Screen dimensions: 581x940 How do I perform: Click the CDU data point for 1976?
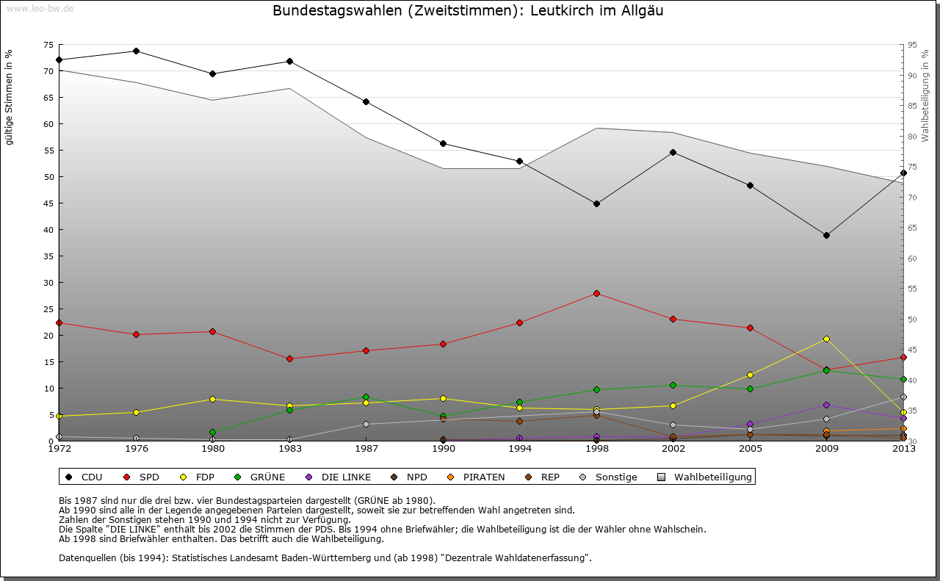click(x=136, y=51)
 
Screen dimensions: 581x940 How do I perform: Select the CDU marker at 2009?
click(x=826, y=235)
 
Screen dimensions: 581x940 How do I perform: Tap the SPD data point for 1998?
click(x=596, y=293)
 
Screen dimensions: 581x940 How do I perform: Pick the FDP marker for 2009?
click(x=826, y=339)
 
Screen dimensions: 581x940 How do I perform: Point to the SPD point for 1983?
click(x=289, y=358)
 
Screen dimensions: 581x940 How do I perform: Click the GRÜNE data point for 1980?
click(x=212, y=432)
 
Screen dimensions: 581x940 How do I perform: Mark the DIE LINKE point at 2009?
click(x=826, y=405)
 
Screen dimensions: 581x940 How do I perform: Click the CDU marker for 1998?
click(x=596, y=203)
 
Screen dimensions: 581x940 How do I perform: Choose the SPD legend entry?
click(x=142, y=477)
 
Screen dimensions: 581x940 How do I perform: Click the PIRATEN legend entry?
click(x=477, y=477)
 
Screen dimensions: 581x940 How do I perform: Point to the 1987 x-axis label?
click(x=366, y=449)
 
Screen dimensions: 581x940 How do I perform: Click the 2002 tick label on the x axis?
click(x=673, y=449)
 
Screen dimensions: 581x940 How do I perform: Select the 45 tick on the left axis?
click(x=49, y=203)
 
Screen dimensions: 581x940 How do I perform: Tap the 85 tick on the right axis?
click(x=913, y=106)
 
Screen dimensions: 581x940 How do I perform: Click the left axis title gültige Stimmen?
click(x=10, y=98)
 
